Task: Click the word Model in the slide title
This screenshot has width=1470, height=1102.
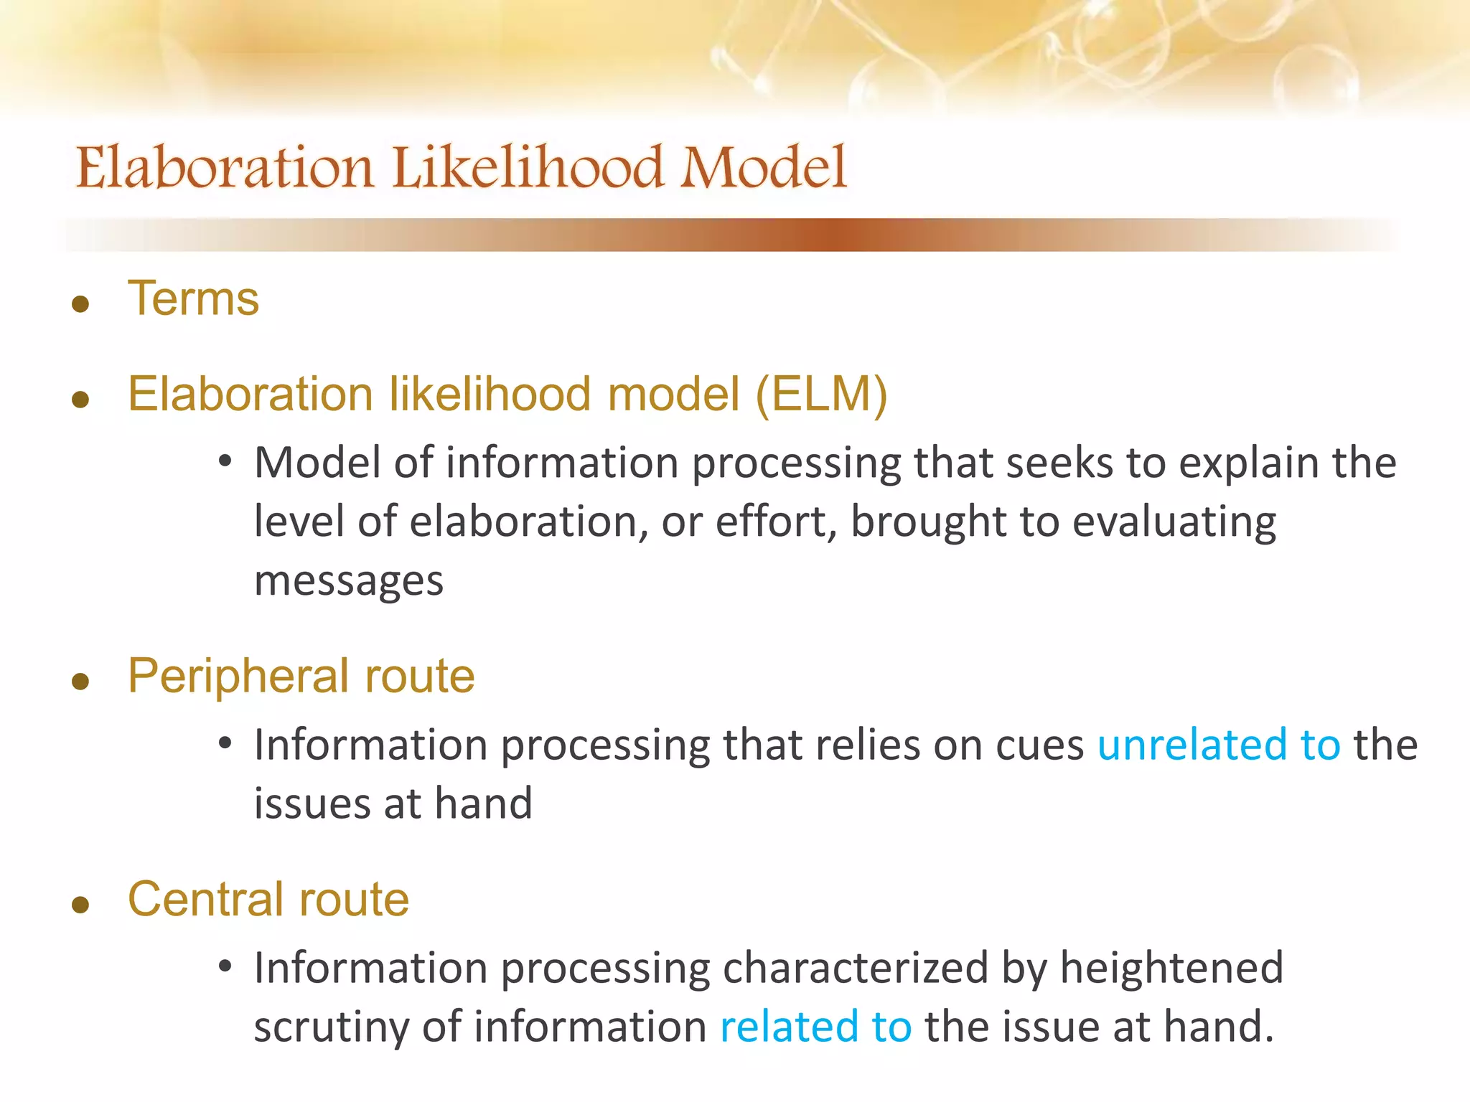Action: click(x=764, y=168)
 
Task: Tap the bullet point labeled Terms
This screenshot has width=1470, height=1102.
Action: click(x=193, y=298)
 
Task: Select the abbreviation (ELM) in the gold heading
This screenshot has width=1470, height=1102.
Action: click(x=821, y=394)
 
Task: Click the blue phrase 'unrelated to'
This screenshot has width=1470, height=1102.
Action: click(x=1218, y=744)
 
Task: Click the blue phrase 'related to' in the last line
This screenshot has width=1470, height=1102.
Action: click(x=815, y=1026)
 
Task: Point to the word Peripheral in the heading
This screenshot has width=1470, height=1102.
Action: click(x=240, y=676)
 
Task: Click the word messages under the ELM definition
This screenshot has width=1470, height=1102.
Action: click(x=349, y=580)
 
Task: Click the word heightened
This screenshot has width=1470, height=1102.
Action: click(x=1171, y=967)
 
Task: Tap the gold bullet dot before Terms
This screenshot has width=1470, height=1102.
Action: click(x=80, y=304)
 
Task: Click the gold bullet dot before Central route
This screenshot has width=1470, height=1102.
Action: click(x=80, y=905)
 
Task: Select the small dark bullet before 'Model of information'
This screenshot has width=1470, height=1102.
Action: click(x=225, y=461)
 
